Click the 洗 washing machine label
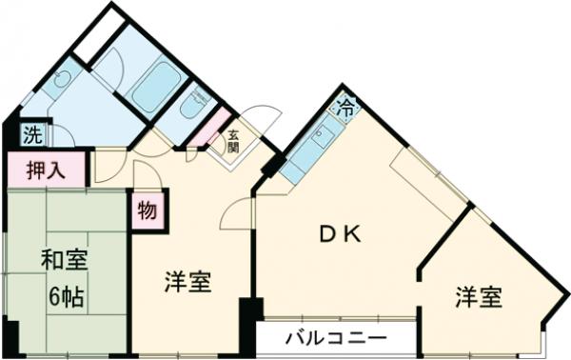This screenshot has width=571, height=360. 32,133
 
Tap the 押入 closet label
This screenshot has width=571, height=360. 45,172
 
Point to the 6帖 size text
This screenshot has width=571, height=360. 65,294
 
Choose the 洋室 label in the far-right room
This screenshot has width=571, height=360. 477,297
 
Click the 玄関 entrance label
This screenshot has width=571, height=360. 233,140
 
